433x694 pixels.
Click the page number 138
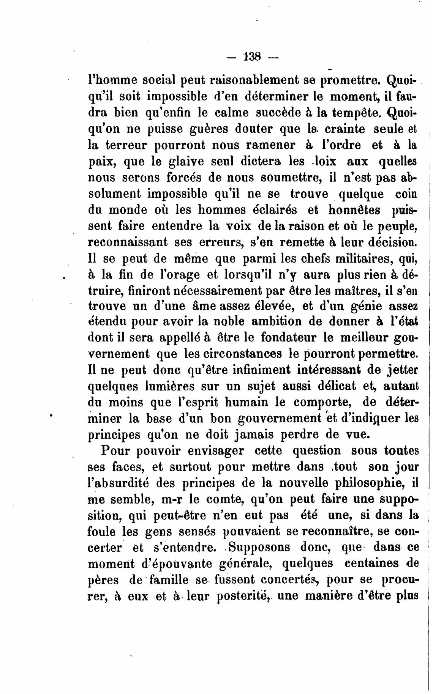coord(253,57)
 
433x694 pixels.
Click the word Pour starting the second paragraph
coord(115,450)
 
